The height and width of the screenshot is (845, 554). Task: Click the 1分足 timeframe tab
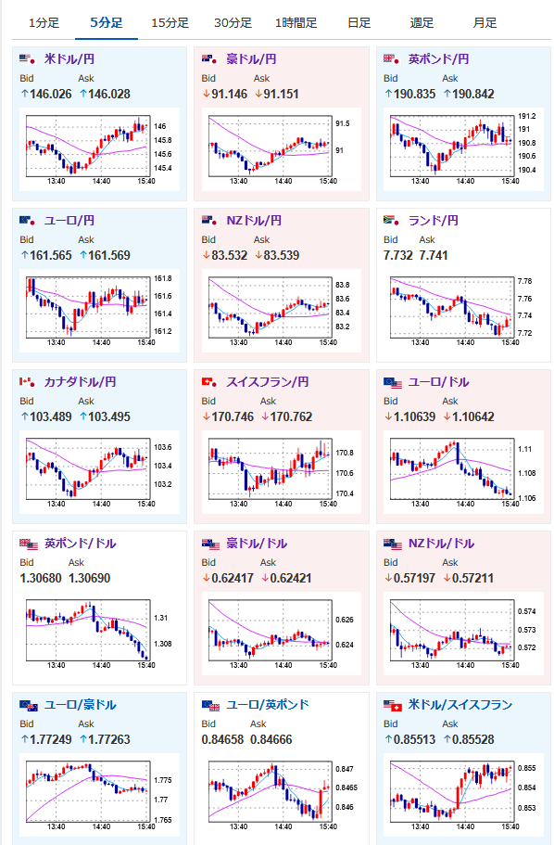tap(44, 22)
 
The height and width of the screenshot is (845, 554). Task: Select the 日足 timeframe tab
tap(359, 22)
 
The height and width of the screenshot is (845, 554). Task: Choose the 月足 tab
tap(485, 22)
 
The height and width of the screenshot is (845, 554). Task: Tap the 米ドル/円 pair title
tap(69, 58)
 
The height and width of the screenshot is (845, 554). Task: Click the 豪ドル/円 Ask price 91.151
tap(281, 94)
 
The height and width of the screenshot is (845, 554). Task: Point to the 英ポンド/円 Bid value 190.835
tap(414, 94)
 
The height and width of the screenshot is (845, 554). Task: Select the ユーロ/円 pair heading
tap(69, 221)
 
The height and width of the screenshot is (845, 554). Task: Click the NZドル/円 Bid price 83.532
tap(230, 255)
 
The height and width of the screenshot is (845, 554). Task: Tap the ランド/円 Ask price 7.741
tap(434, 255)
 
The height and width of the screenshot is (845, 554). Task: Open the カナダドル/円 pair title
tap(80, 381)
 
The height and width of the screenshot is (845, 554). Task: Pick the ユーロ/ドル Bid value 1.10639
tap(414, 416)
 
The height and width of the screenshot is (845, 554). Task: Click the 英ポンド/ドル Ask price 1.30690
tap(89, 578)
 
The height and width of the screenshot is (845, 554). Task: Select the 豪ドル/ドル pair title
tap(257, 544)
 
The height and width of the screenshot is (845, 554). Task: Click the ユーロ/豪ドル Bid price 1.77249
tap(51, 739)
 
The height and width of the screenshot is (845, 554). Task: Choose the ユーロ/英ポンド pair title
tap(268, 704)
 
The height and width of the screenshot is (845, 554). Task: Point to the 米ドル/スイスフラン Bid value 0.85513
tap(414, 739)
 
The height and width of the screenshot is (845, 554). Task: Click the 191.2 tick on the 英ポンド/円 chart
tap(526, 116)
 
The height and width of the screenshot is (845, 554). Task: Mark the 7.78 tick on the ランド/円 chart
tap(524, 281)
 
